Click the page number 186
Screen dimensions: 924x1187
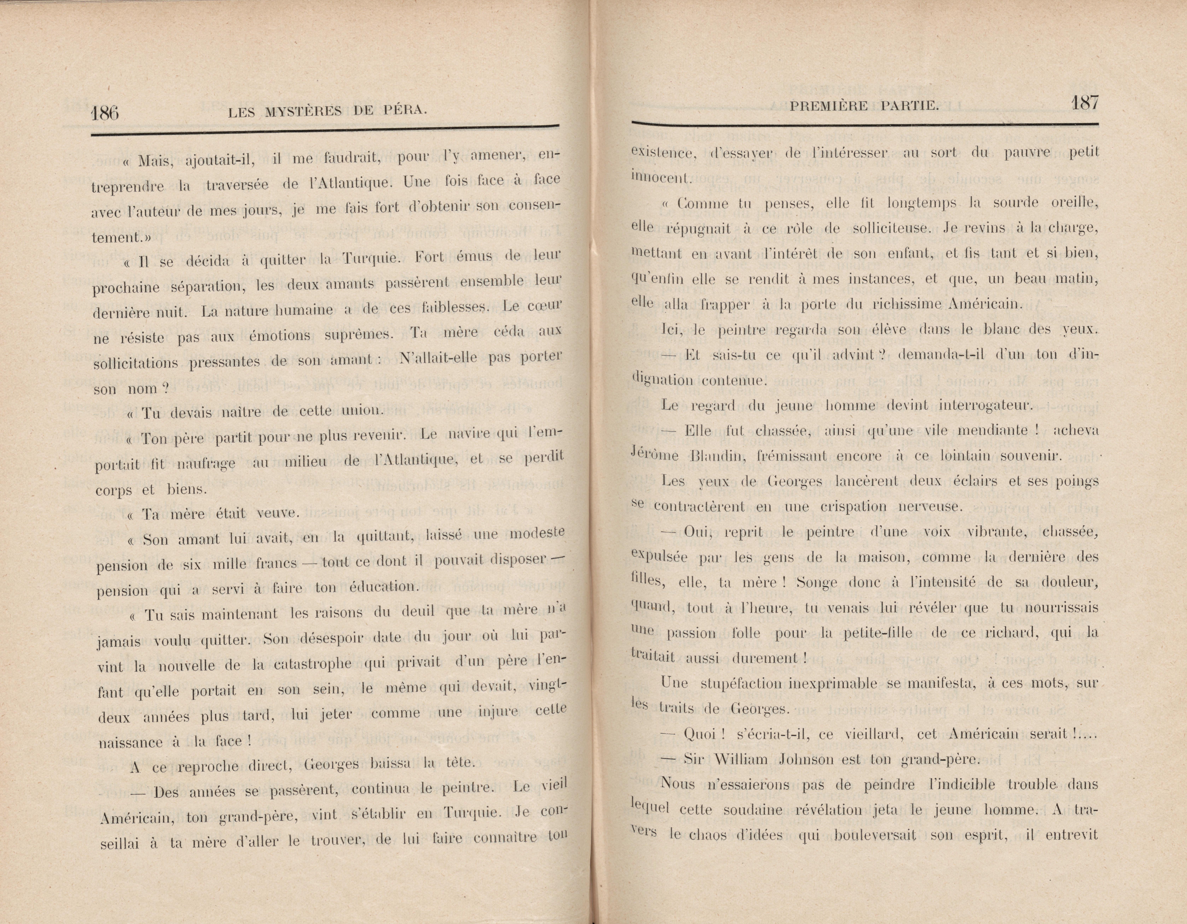point(105,113)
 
